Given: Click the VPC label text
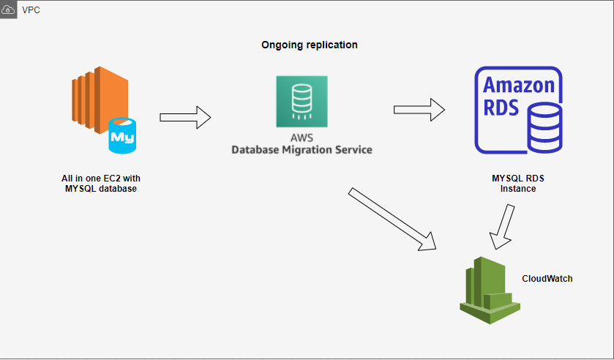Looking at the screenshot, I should (x=31, y=10).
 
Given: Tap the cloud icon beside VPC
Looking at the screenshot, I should (x=9, y=10).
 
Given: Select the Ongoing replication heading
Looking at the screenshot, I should (x=310, y=45).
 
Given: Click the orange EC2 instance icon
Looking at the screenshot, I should (x=98, y=101).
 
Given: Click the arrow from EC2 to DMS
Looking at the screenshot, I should (x=184, y=117).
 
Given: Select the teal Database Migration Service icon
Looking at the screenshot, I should (x=302, y=101).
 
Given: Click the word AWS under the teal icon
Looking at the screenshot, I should (x=302, y=137).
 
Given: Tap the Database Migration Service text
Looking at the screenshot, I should (x=302, y=150).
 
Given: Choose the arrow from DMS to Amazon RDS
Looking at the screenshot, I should (x=419, y=110).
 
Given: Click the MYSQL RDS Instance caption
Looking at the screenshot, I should (x=517, y=183).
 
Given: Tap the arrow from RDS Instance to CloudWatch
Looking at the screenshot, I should (x=503, y=227).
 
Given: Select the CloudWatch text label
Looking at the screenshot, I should (x=547, y=279).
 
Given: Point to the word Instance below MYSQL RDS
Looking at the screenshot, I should (x=517, y=189).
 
